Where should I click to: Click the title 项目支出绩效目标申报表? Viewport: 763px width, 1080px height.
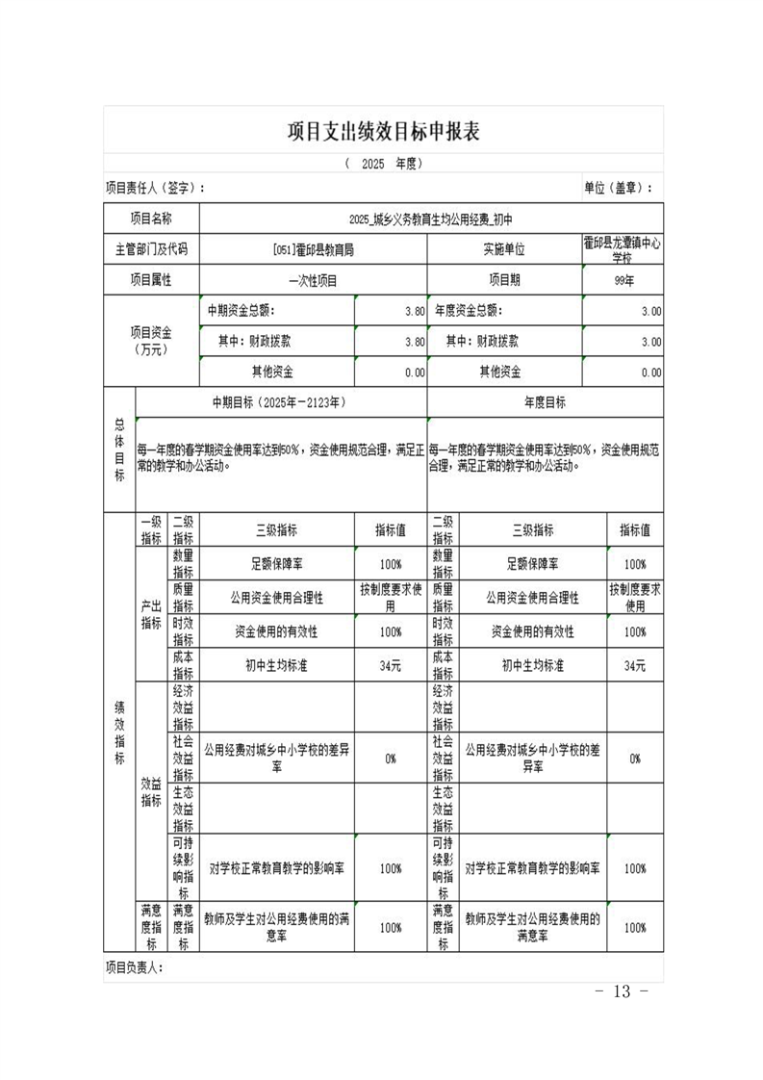[383, 132]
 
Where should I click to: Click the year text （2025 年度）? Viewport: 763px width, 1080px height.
[382, 165]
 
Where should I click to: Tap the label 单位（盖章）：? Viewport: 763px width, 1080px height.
[618, 188]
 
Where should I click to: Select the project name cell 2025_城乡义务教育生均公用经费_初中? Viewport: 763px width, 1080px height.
[432, 219]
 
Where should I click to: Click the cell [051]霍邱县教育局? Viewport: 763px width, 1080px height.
[313, 249]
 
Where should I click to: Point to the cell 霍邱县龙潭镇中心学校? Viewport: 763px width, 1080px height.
[623, 250]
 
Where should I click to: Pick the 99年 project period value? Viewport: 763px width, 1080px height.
[623, 280]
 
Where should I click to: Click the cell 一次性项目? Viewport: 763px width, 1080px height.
[313, 280]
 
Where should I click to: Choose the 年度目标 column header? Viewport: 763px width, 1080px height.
[544, 401]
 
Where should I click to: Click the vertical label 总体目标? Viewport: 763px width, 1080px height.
[119, 450]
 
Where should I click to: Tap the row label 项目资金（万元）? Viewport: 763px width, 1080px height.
[151, 341]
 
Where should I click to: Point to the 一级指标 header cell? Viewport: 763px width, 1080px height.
[151, 529]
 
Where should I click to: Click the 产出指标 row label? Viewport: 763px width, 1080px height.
[151, 615]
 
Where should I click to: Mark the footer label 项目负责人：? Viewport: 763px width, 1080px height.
[134, 967]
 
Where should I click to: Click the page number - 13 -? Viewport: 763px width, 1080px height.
[623, 992]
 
